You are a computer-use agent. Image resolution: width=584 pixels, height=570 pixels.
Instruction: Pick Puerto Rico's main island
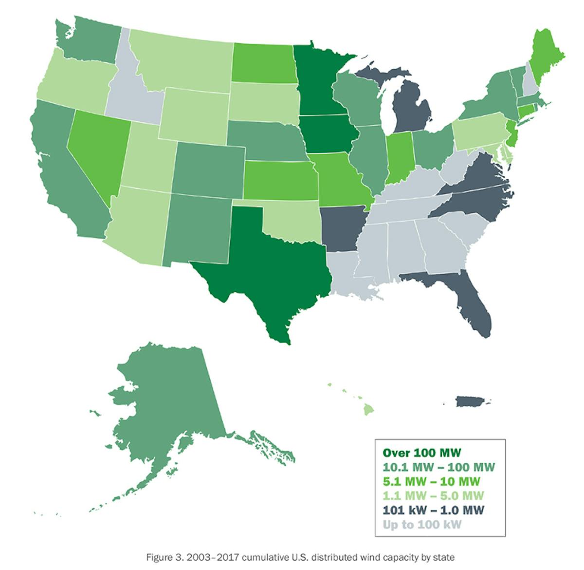pyautogui.click(x=470, y=402)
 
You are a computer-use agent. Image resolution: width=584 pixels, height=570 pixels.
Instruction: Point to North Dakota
pyautogui.click(x=263, y=63)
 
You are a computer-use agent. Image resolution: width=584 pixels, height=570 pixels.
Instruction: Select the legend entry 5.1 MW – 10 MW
pyautogui.click(x=431, y=481)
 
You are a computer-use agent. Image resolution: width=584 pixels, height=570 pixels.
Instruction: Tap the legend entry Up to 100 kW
pyautogui.click(x=421, y=525)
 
